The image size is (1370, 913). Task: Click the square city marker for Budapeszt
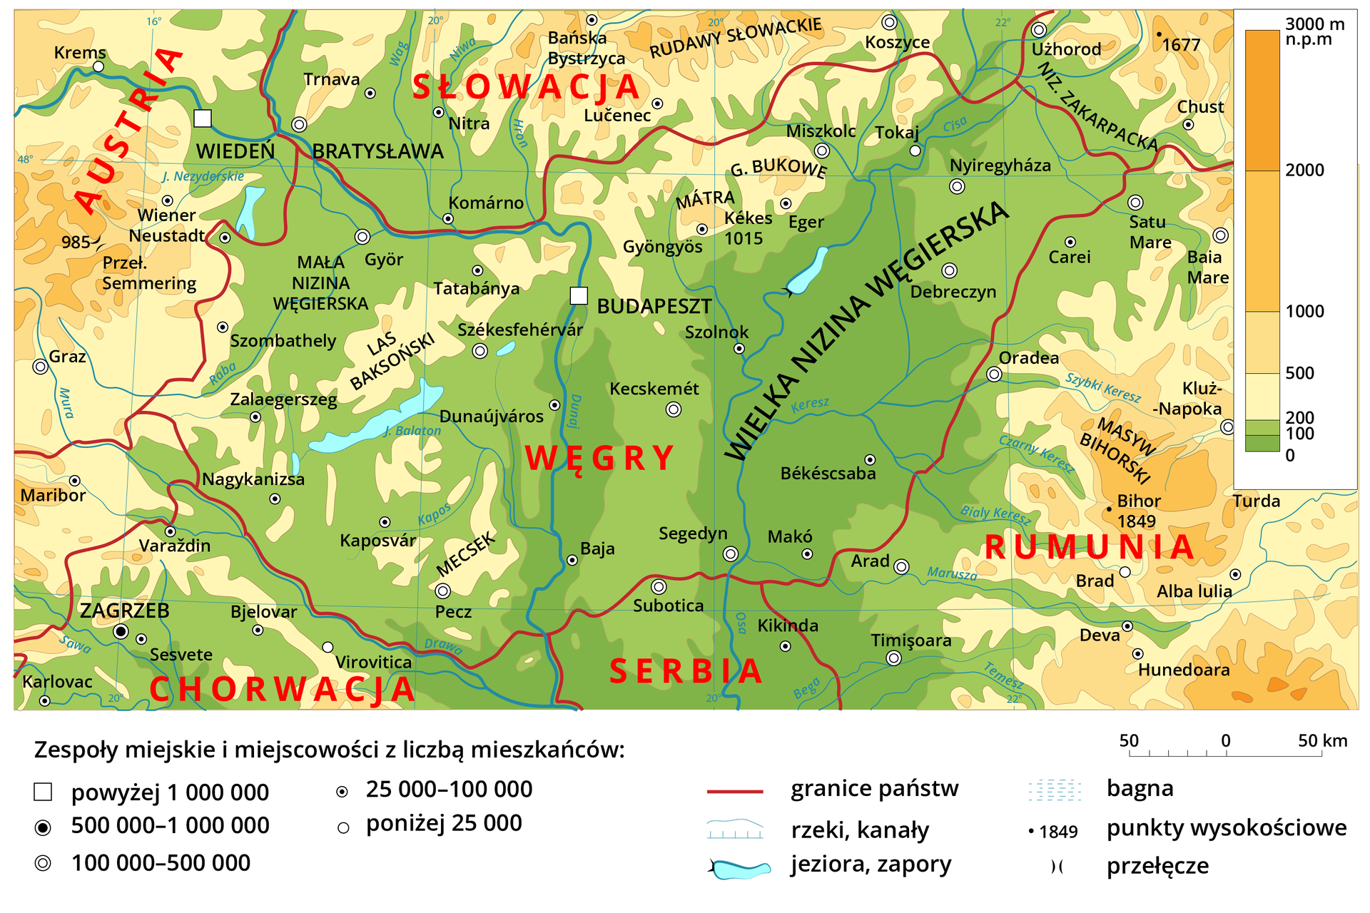[x=579, y=295]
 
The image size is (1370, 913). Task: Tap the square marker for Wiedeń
[x=203, y=118]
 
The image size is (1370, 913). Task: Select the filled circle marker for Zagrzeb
[x=121, y=631]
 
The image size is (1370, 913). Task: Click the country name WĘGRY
[x=600, y=458]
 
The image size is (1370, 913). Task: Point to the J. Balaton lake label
[x=412, y=431]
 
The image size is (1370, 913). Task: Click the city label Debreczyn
[x=953, y=292]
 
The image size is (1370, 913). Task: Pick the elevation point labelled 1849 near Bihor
[x=1109, y=509]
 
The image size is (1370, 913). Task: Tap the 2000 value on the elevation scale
[x=1304, y=170]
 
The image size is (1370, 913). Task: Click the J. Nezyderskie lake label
[x=203, y=176]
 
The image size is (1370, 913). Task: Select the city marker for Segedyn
[x=730, y=554]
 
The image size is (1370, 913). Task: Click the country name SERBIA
[x=686, y=672]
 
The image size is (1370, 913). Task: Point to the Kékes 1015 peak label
[x=746, y=228]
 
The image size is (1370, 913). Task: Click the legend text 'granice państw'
[x=874, y=789]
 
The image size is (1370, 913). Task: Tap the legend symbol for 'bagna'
[x=1055, y=790]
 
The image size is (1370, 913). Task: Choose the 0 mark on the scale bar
[x=1225, y=741]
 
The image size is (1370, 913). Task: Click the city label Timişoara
[x=910, y=641]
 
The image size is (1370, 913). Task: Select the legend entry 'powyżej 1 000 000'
[x=170, y=792]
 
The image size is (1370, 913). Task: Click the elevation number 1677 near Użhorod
[x=1181, y=45]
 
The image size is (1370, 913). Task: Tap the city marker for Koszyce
[x=889, y=22]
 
